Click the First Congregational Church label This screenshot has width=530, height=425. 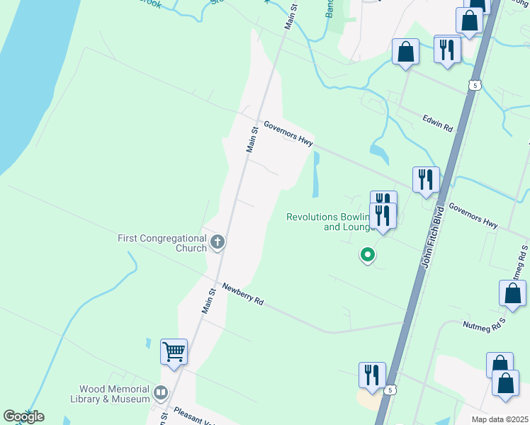[x=162, y=243]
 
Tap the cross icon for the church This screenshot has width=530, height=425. [x=218, y=243]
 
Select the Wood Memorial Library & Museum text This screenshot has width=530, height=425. [x=115, y=394]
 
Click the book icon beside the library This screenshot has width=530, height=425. [x=161, y=393]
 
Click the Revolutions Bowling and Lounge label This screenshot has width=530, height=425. [x=330, y=222]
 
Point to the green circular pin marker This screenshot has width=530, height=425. [x=367, y=254]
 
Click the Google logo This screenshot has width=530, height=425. [x=23, y=416]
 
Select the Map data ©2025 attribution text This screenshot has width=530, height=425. [x=500, y=419]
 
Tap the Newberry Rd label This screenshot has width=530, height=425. [x=242, y=294]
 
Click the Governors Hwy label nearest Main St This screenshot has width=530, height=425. [x=288, y=133]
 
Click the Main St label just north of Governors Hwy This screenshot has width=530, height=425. [x=251, y=139]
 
